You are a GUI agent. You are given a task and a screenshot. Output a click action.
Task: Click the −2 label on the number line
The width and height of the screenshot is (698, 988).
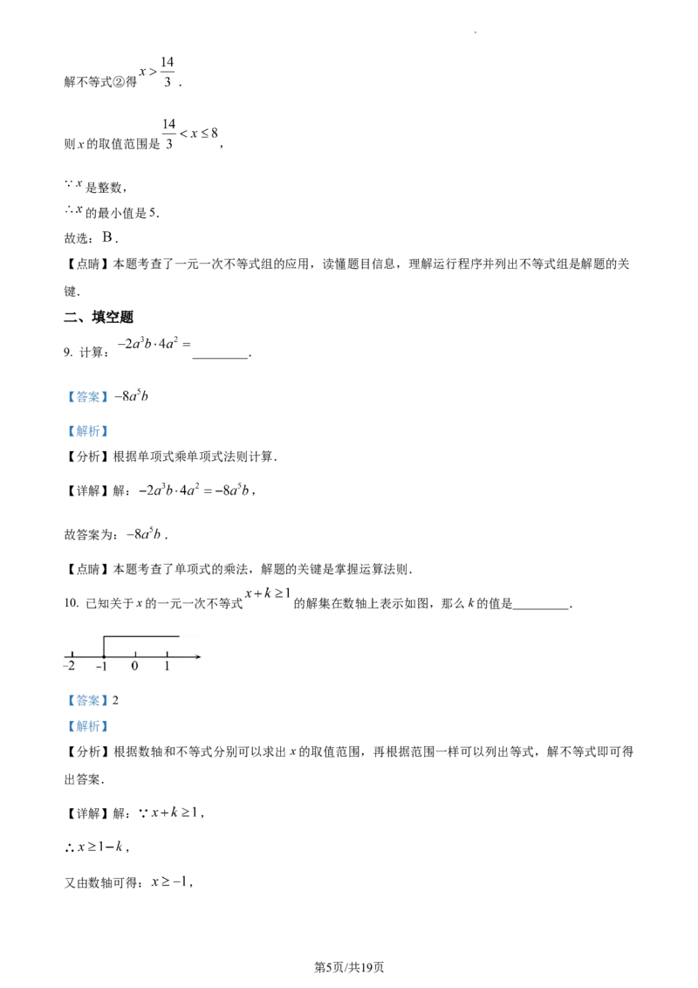[66, 666]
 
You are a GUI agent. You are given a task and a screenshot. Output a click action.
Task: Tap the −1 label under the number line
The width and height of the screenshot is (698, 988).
[101, 666]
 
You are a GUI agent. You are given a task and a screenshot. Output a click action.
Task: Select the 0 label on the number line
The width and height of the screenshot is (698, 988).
[134, 666]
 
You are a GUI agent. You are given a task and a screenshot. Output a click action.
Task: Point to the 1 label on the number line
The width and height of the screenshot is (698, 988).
[167, 666]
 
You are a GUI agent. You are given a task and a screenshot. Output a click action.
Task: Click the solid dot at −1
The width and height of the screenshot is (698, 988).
[104, 655]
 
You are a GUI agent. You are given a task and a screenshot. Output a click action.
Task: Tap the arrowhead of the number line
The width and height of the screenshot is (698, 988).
[198, 655]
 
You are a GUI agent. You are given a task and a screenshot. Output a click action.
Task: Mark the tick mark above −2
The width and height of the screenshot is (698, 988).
[71, 653]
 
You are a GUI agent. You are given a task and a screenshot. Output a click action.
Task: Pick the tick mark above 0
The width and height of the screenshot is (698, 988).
[135, 653]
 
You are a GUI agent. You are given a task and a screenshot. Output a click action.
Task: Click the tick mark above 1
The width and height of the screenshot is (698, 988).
[167, 653]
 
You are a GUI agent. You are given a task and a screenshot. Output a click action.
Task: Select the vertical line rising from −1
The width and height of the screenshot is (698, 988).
[104, 646]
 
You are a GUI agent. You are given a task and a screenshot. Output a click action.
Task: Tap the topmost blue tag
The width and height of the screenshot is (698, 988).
[87, 398]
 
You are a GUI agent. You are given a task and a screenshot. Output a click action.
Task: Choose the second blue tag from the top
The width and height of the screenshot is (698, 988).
[87, 430]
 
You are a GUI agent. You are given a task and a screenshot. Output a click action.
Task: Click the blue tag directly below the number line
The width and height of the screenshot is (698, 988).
[87, 702]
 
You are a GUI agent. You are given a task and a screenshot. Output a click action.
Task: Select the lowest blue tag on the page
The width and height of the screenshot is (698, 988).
[87, 726]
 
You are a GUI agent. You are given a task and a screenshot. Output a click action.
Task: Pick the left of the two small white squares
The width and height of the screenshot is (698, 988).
[166, 820]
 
